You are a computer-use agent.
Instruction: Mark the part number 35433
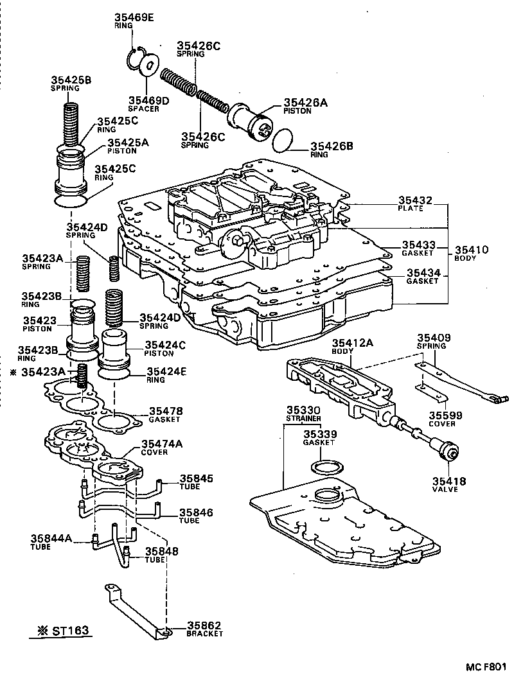coord(419,245)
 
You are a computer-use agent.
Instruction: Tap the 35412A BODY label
coord(352,347)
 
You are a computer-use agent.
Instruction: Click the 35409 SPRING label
coord(434,341)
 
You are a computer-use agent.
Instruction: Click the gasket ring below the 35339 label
coord(326,466)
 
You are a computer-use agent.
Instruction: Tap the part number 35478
coord(166,411)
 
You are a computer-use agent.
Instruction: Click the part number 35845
coord(196,478)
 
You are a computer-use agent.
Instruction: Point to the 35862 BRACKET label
coord(204,628)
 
